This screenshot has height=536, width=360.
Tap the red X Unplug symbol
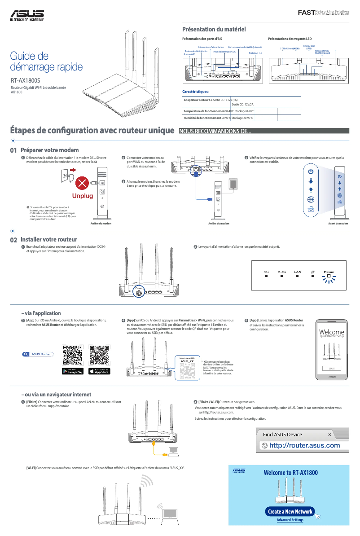pyautogui.click(x=82, y=183)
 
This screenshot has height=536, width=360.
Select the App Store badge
pyautogui.click(x=99, y=371)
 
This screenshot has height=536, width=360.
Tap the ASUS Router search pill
pyautogui.click(x=37, y=354)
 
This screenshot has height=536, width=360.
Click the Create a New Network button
pyautogui.click(x=290, y=511)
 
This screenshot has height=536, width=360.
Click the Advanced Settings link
pyautogui.click(x=290, y=520)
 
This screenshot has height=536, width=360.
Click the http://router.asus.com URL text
pyautogui.click(x=304, y=445)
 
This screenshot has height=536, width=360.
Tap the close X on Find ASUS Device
pyautogui.click(x=329, y=435)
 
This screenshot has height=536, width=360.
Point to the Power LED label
pyautogui.click(x=329, y=272)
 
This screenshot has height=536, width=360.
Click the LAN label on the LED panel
pyautogui.click(x=297, y=272)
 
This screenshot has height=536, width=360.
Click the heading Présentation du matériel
pyautogui.click(x=213, y=29)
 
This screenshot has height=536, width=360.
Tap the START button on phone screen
pyautogui.click(x=332, y=368)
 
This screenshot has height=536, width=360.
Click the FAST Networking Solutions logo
pyautogui.click(x=323, y=12)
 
